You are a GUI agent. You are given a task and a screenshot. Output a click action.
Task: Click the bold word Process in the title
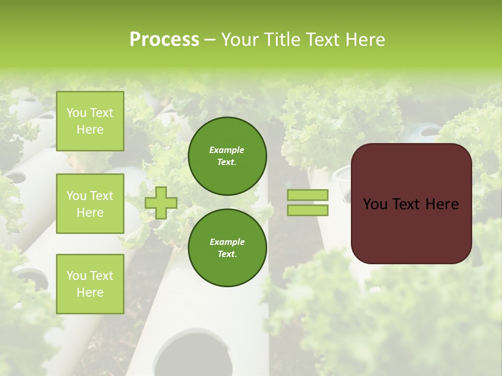(164, 40)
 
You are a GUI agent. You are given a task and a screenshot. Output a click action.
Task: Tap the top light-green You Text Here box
(90, 121)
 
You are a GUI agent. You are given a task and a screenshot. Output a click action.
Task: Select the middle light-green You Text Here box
(90, 204)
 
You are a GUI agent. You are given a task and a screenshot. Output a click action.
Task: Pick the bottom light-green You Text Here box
(90, 284)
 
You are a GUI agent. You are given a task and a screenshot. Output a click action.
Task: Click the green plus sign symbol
(161, 203)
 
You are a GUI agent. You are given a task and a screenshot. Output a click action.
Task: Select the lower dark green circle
(227, 248)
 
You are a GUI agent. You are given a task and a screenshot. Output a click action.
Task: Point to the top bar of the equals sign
(307, 195)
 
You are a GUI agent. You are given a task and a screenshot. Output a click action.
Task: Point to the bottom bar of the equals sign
(307, 210)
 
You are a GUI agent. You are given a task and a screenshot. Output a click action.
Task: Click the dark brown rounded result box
(412, 230)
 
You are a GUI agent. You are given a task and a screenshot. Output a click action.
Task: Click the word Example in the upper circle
(227, 150)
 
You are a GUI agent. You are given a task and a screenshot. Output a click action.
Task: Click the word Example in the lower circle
(227, 242)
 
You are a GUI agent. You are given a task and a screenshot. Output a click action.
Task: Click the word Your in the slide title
(241, 40)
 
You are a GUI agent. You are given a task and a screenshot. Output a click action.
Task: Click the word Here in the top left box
(90, 130)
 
